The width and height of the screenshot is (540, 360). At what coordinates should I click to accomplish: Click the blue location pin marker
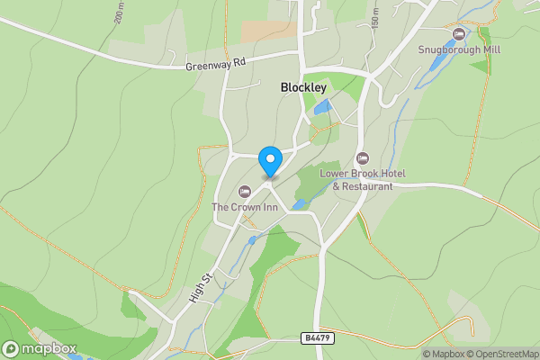click(269, 161)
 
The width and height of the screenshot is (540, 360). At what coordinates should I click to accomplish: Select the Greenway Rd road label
click(215, 65)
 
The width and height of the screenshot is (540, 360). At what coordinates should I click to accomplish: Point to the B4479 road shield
click(311, 337)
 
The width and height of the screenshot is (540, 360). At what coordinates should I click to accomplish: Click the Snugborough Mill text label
click(459, 50)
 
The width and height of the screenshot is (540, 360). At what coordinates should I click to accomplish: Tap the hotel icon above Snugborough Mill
click(459, 34)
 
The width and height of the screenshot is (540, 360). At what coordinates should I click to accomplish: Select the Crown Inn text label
click(244, 207)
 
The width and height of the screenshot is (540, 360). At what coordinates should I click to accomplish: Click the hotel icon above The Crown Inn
click(244, 192)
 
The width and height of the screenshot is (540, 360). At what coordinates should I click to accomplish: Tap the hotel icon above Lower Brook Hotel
click(363, 158)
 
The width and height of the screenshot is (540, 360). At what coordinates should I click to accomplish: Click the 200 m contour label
click(119, 12)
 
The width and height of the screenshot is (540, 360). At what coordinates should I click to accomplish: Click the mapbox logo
click(39, 348)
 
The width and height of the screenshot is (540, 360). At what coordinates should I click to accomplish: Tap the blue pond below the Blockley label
click(321, 107)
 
